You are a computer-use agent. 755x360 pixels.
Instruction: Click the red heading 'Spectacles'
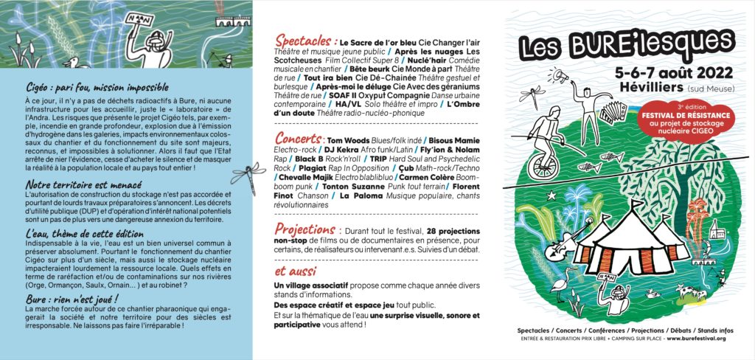click(305, 41)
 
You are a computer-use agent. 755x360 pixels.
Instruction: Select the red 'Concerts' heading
click(298, 139)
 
